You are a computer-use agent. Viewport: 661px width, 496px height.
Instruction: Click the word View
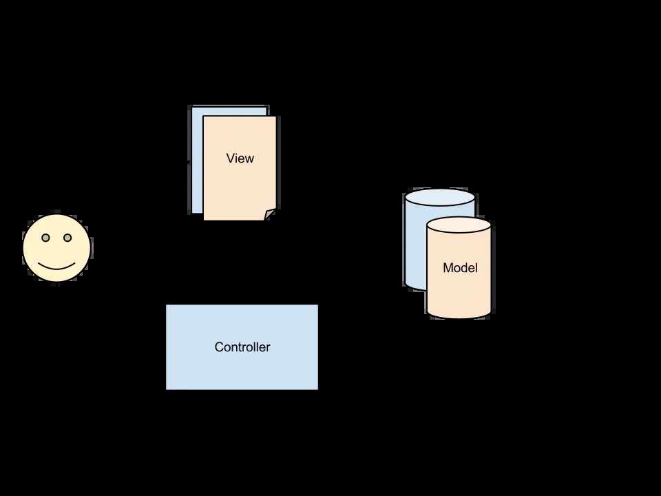(x=240, y=158)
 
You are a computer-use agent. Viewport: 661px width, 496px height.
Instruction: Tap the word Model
(x=460, y=268)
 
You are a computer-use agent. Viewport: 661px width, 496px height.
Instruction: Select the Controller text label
(x=242, y=347)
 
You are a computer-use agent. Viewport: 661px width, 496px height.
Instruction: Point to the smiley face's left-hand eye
(x=46, y=238)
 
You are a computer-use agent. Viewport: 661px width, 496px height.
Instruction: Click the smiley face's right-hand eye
(x=67, y=238)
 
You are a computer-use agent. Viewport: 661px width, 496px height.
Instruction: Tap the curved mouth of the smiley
(x=56, y=266)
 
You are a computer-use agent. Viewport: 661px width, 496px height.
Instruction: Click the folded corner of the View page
(x=270, y=215)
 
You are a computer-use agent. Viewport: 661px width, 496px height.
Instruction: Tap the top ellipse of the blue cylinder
(x=440, y=198)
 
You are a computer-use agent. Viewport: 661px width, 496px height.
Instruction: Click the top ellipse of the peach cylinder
(x=459, y=225)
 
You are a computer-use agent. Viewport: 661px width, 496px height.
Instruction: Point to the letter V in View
(x=230, y=158)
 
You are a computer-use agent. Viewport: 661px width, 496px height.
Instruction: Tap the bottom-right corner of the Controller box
(x=317, y=389)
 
